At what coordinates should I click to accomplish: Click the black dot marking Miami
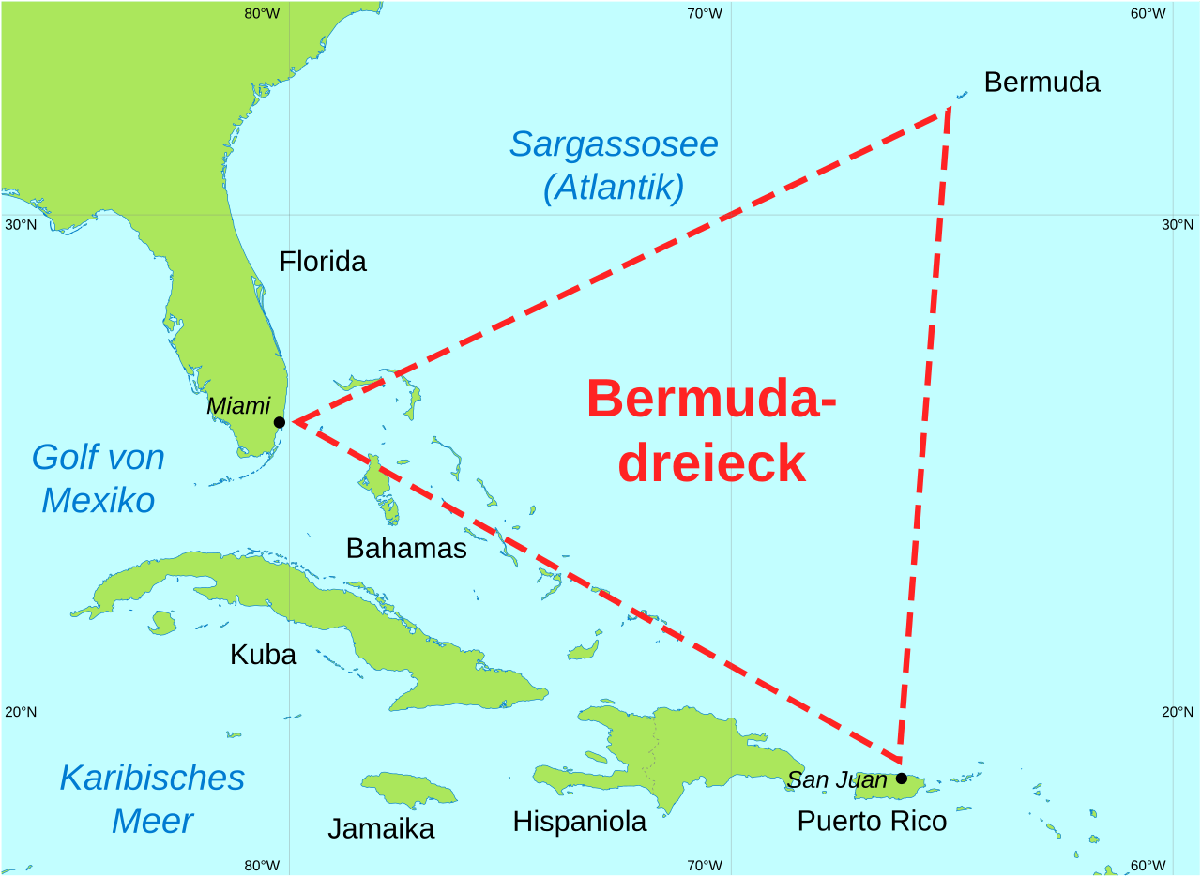(280, 422)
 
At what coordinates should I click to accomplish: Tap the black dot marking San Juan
(902, 778)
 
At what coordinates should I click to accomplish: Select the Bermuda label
(1041, 83)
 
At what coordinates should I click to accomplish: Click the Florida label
(323, 262)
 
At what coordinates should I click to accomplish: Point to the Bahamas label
(406, 548)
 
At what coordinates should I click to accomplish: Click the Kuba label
(263, 655)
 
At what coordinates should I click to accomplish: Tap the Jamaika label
(381, 828)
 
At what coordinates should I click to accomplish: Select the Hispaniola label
(579, 822)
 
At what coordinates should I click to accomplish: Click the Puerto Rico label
(872, 821)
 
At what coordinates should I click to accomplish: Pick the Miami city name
(238, 406)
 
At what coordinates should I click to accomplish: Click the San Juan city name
(837, 779)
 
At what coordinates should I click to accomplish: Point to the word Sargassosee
(614, 144)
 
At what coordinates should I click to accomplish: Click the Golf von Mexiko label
(98, 478)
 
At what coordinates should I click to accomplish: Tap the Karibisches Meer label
(152, 799)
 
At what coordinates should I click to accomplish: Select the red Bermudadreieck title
(711, 431)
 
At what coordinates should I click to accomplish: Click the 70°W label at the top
(704, 13)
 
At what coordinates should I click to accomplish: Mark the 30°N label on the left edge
(21, 224)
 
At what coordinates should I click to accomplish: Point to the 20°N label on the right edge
(1178, 711)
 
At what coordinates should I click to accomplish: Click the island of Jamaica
(409, 789)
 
